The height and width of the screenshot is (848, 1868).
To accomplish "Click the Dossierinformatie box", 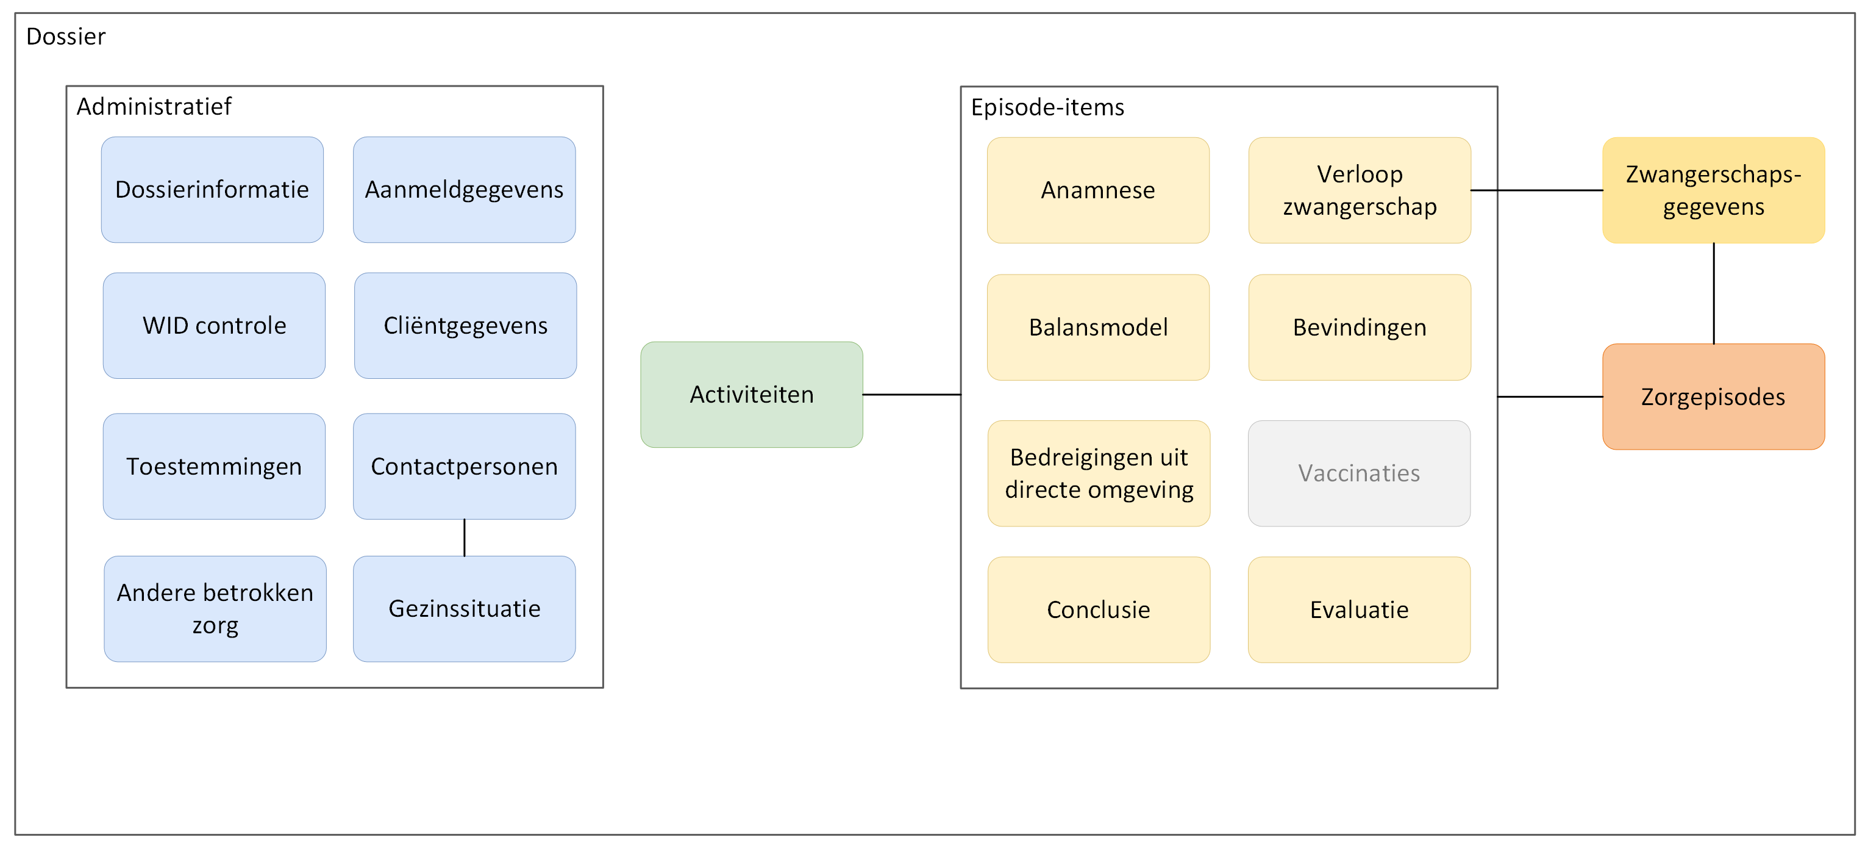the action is (213, 189).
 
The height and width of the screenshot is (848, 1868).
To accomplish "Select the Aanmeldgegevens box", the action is (464, 189).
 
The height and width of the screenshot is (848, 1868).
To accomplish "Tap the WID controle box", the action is (214, 326).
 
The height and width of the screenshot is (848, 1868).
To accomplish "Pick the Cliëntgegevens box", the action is (466, 326).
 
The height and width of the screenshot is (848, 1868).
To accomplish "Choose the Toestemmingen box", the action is (214, 467).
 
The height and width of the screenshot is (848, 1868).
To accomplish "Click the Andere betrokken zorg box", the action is (215, 609).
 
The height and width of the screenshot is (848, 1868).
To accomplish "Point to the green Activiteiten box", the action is (752, 395).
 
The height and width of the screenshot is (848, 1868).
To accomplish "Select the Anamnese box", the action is (1098, 190).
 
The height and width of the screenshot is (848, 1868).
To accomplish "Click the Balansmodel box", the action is (1098, 327).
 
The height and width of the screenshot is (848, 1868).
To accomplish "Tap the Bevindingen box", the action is (1360, 327).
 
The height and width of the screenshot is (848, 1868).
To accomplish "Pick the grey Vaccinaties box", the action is (1359, 473).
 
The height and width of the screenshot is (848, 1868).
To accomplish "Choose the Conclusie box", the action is (1099, 609).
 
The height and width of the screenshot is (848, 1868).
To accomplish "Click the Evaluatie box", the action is (1359, 609).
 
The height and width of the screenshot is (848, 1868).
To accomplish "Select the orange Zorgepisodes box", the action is (1714, 397).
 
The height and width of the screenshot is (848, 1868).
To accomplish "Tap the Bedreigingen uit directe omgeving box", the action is (1099, 473).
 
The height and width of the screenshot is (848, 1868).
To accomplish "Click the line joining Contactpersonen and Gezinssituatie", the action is (464, 537).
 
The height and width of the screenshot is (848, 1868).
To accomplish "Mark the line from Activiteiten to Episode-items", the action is (911, 395).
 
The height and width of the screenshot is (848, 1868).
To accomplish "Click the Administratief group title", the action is (154, 107).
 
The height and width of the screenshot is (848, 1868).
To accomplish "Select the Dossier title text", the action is (66, 36).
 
